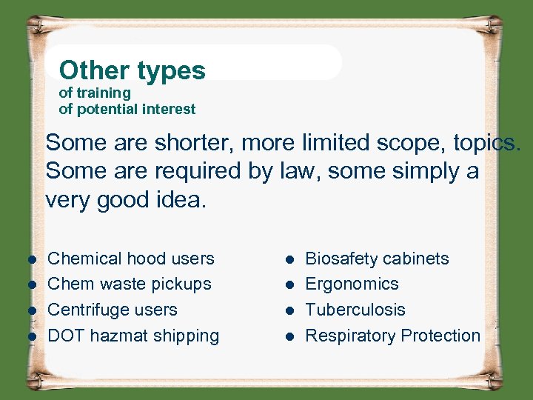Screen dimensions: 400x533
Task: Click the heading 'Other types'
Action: [132, 70]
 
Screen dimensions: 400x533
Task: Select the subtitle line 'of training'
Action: [95, 93]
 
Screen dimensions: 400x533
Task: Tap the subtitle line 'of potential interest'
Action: [127, 110]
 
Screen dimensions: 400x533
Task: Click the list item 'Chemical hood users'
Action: [131, 259]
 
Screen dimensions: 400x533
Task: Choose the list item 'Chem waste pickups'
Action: [130, 284]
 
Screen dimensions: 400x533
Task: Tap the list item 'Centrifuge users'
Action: [113, 310]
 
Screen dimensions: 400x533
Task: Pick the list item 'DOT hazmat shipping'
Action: [133, 336]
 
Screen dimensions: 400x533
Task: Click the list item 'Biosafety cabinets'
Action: [377, 259]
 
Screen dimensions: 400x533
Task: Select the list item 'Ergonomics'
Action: [352, 284]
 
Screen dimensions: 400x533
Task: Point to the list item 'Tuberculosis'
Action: [355, 310]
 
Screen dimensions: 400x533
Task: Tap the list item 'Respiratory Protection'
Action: [392, 336]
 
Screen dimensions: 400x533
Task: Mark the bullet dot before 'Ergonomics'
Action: [291, 284]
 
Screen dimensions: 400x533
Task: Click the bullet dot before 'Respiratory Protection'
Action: [291, 336]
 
